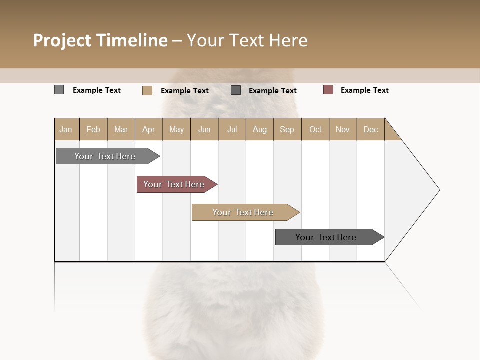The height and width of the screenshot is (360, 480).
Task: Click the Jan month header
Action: coord(66,129)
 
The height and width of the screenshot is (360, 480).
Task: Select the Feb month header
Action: coord(93,129)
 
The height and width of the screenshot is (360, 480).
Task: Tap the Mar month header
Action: coord(121,129)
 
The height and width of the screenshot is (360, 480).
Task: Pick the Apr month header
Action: coord(149,129)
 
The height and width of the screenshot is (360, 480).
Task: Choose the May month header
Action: coord(176,129)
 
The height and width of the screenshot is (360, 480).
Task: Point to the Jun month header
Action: coord(204,129)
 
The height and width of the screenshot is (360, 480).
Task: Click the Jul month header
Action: coord(232,129)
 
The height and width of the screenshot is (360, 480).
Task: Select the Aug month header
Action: coord(260,129)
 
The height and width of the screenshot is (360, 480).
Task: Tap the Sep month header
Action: coord(287,129)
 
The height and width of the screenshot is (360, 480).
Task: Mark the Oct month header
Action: coord(315,129)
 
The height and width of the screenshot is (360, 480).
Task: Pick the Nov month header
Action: coord(343,129)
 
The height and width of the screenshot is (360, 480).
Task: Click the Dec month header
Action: coord(371,129)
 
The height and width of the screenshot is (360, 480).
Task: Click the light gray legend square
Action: coord(59,90)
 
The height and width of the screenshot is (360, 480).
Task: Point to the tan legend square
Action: coord(147,90)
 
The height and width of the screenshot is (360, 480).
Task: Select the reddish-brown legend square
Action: coord(328,90)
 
